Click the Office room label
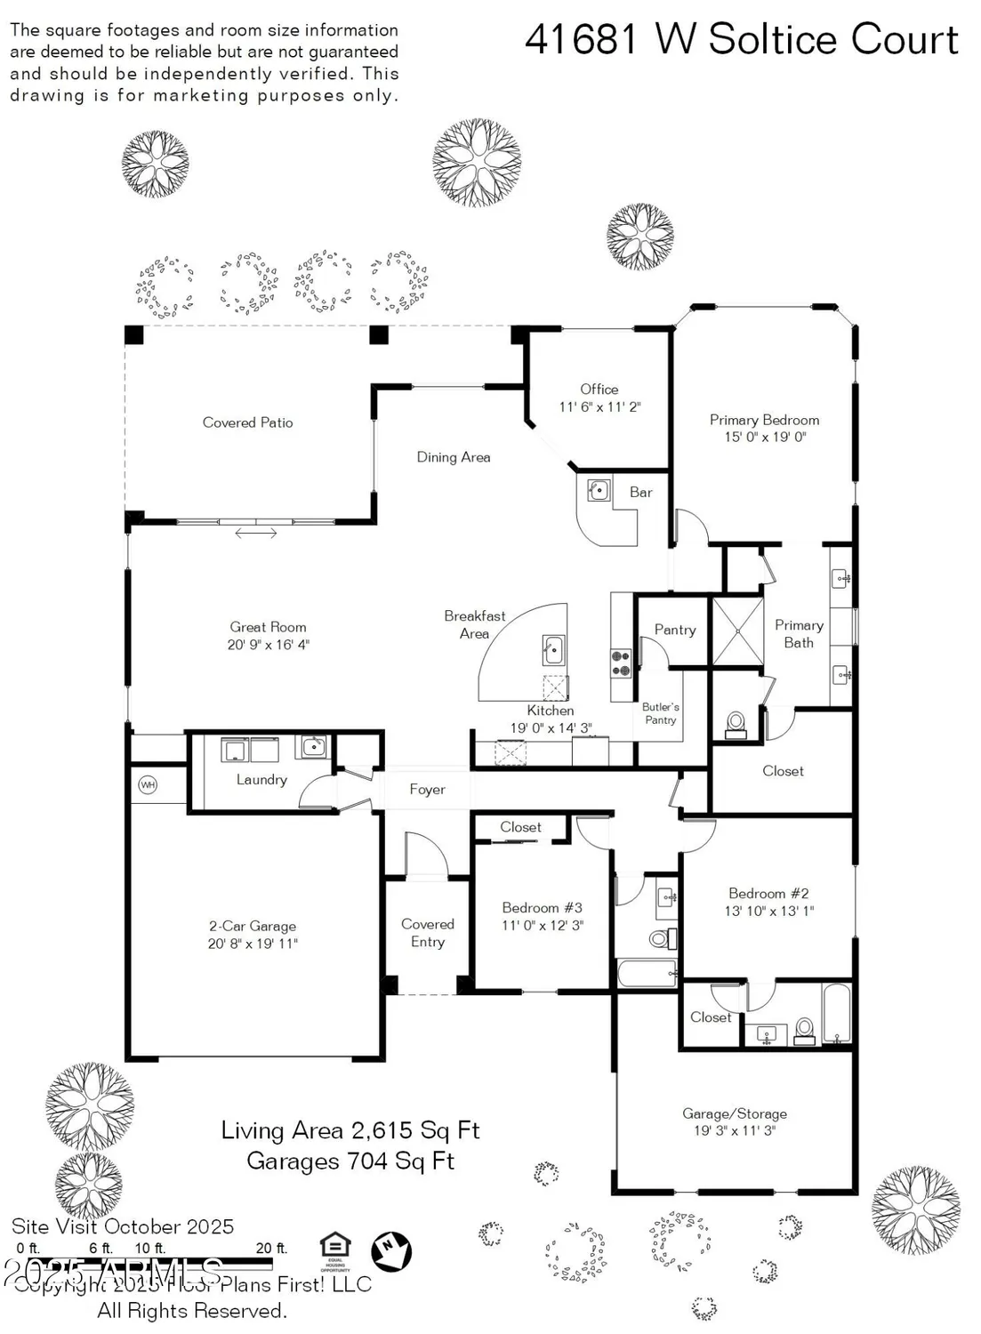599,390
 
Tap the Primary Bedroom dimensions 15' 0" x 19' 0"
765,438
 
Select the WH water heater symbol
148,785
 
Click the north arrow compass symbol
391,1250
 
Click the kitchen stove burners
621,664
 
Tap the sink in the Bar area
599,490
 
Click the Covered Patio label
247,423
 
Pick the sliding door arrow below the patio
255,534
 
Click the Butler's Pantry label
661,714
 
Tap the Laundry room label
261,780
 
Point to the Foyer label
427,790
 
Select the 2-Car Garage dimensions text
253,944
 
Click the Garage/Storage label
735,1113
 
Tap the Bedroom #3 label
542,908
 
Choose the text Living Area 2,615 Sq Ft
350,1130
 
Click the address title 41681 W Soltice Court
742,40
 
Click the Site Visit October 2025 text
123,1227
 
